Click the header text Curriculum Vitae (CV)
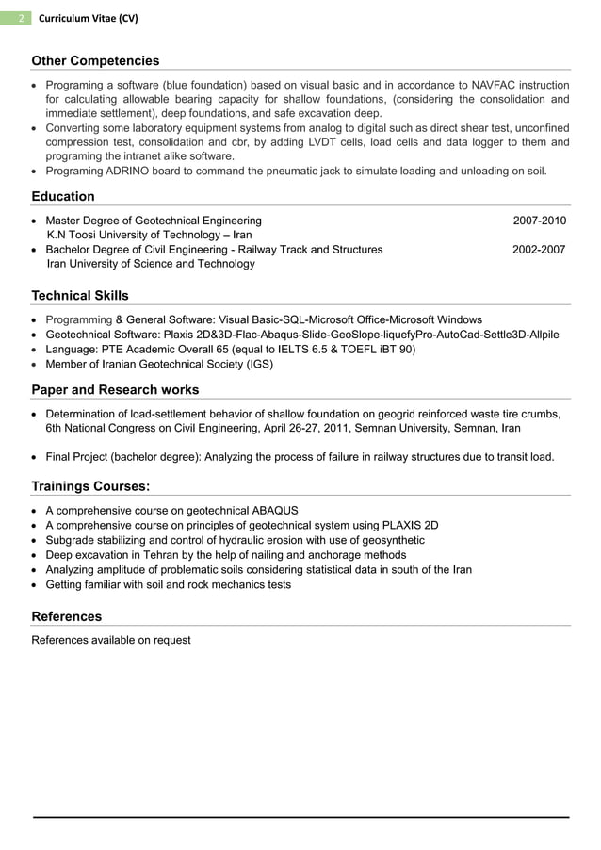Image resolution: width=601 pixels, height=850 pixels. click(81, 17)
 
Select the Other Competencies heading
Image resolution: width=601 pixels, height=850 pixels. click(95, 60)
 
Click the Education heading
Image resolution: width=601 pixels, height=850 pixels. click(63, 196)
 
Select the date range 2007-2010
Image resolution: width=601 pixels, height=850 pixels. click(539, 221)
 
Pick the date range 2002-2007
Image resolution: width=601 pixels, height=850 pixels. click(539, 250)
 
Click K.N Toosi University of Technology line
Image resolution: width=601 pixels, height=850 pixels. click(149, 235)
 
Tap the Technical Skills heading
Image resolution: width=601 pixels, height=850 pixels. click(80, 295)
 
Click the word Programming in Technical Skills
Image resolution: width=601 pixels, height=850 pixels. click(78, 319)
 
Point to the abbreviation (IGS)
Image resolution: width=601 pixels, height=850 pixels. click(254, 364)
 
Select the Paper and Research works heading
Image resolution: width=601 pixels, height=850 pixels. click(115, 389)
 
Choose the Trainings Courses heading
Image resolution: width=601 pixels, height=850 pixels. click(90, 486)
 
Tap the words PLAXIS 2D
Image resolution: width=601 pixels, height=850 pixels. click(410, 525)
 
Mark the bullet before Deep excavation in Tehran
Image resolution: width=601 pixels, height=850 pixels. click(36, 555)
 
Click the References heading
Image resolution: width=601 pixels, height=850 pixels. click(66, 616)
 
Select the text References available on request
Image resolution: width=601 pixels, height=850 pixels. click(111, 640)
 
